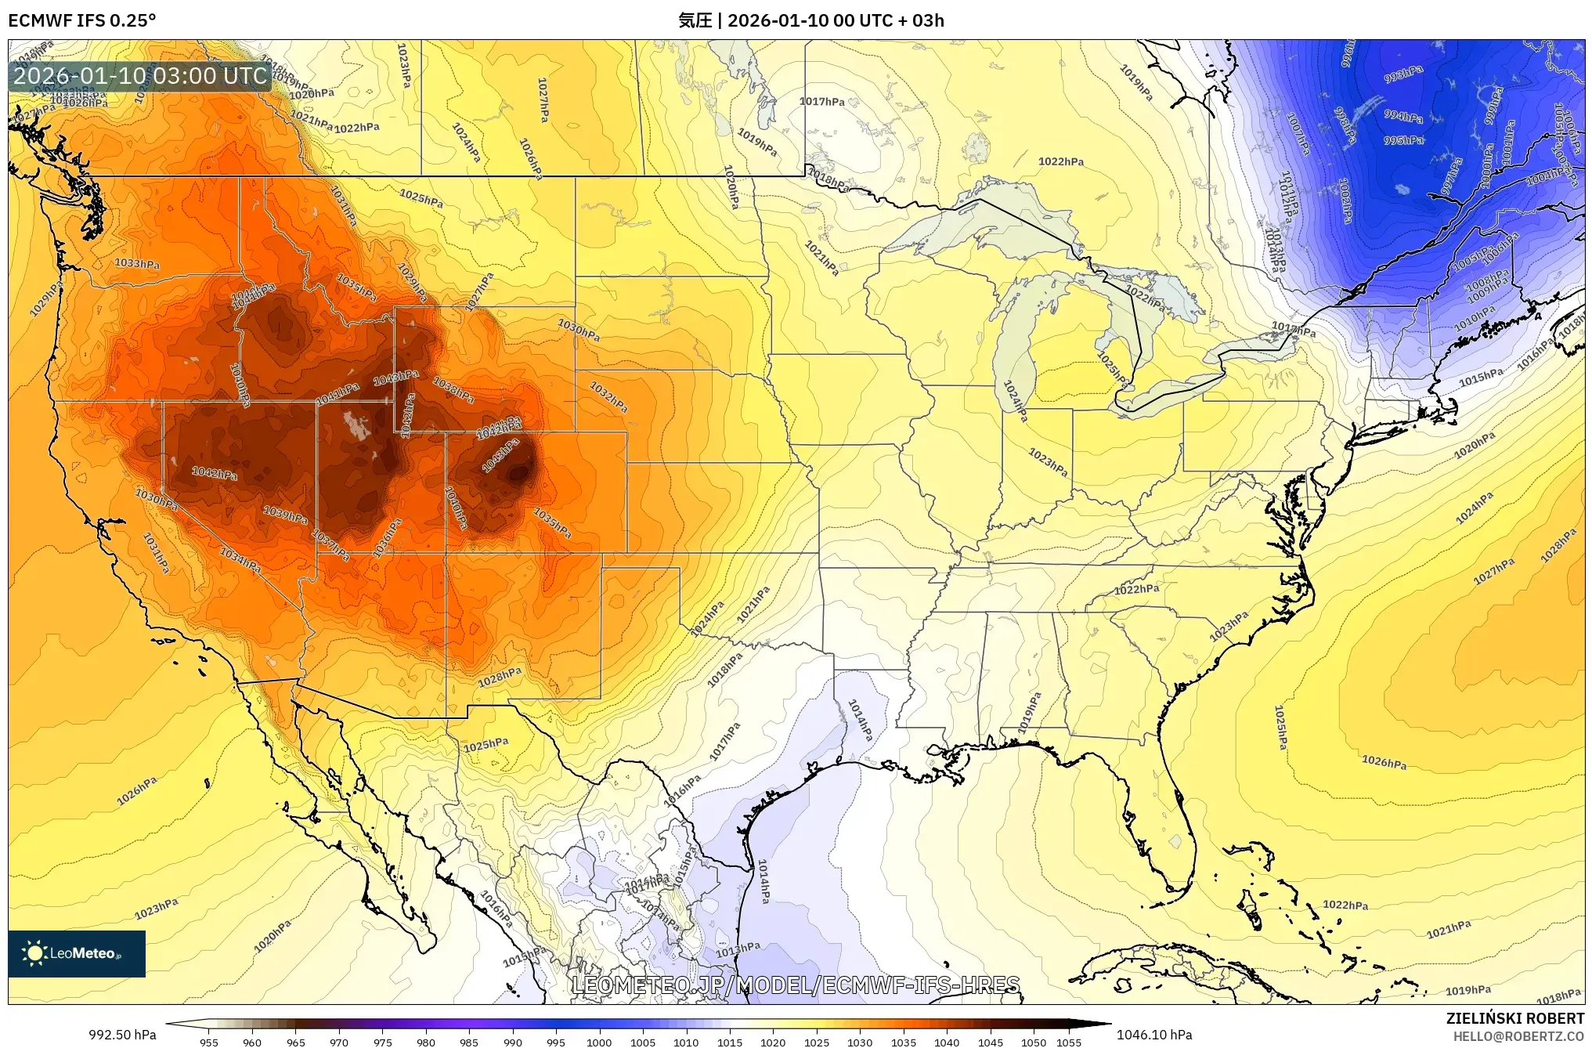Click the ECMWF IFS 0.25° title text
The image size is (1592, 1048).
(81, 20)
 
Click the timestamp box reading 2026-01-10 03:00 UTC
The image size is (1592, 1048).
(140, 76)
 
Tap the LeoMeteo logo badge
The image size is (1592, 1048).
(77, 953)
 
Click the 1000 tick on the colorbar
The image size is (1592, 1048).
(599, 1042)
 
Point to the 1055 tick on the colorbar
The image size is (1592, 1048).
(1069, 1042)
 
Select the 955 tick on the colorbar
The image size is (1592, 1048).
(208, 1042)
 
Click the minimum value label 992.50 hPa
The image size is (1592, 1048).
(122, 1035)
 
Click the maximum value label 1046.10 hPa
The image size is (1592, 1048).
(1154, 1035)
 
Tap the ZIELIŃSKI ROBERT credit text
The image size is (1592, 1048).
(1514, 1018)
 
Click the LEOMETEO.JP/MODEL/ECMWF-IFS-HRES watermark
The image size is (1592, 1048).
(796, 985)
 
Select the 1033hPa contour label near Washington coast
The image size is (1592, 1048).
(137, 263)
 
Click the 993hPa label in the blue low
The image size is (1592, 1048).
(1403, 74)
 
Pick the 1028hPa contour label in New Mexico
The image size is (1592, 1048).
(500, 677)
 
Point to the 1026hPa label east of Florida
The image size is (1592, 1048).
(1384, 761)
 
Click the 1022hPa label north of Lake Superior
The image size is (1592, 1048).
(1061, 161)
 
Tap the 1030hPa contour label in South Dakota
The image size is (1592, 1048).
(579, 330)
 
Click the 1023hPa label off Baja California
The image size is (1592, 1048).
(156, 909)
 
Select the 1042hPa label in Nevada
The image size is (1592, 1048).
(215, 473)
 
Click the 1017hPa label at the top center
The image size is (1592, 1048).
(821, 101)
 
